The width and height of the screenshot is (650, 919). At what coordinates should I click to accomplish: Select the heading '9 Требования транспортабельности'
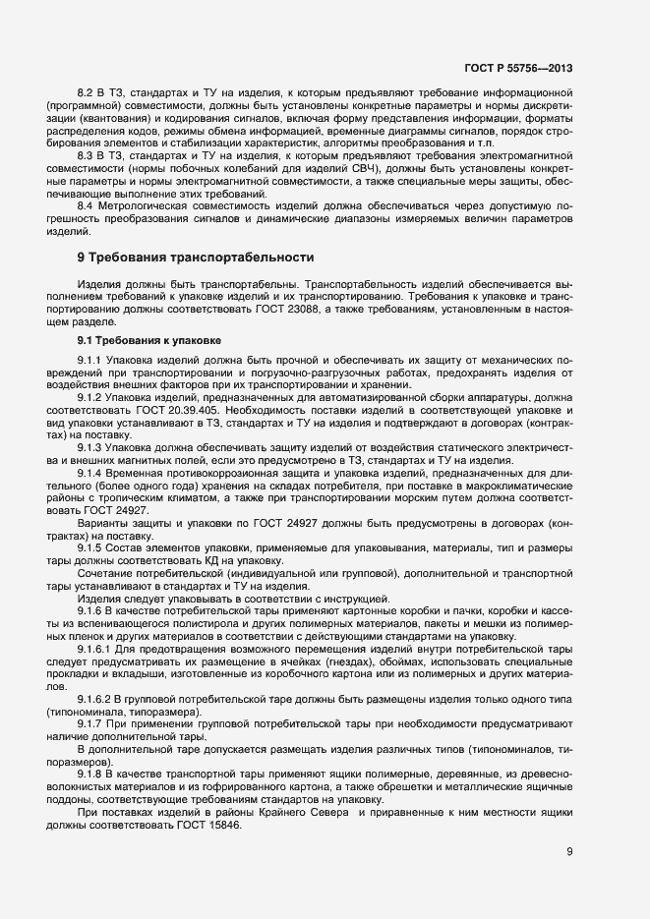(x=195, y=257)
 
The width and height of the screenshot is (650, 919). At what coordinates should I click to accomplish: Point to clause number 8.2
(x=86, y=91)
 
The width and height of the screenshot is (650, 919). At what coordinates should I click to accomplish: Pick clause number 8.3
(x=86, y=155)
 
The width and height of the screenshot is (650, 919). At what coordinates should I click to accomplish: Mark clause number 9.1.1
(x=89, y=359)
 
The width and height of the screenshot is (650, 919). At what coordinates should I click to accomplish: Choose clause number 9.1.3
(x=89, y=448)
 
